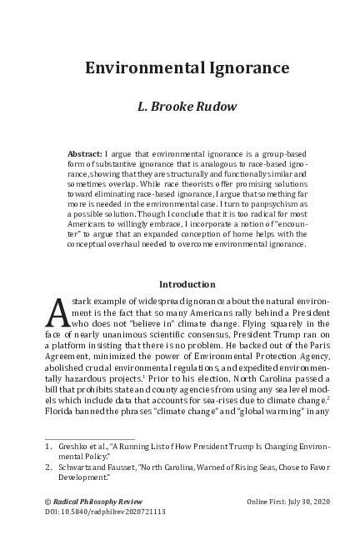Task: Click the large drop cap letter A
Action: coord(54,315)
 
